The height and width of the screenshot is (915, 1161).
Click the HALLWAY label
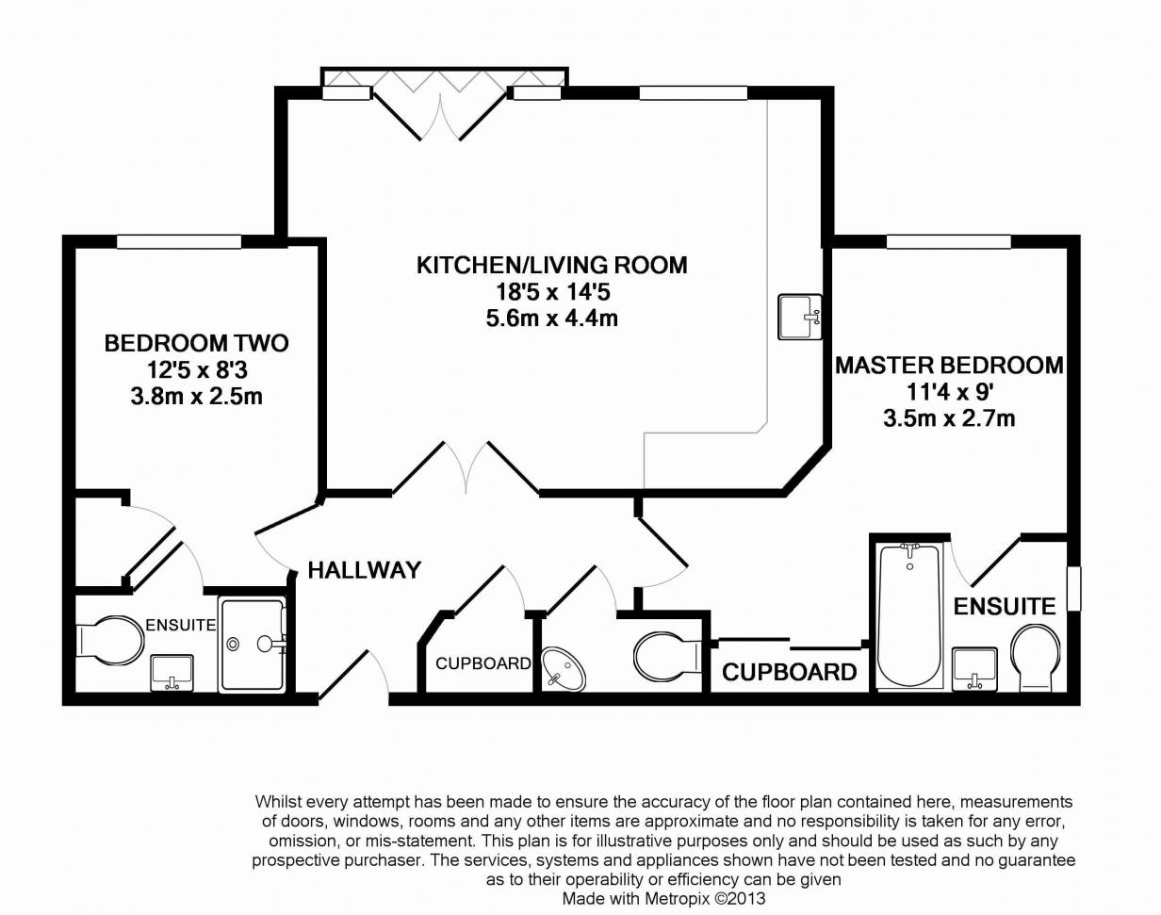click(364, 570)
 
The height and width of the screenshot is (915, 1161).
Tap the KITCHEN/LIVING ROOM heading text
click(552, 266)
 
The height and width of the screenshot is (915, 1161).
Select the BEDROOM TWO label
click(196, 344)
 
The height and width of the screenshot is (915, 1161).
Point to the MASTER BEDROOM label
click(949, 366)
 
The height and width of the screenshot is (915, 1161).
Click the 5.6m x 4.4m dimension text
click(552, 319)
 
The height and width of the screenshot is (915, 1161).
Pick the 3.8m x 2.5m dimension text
click(196, 397)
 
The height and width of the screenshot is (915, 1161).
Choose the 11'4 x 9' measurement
click(949, 392)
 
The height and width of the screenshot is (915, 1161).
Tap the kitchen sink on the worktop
click(799, 317)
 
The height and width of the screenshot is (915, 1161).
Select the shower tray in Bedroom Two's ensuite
click(253, 645)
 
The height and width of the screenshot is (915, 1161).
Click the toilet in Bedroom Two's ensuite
click(109, 642)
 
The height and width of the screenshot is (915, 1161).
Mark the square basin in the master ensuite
click(974, 669)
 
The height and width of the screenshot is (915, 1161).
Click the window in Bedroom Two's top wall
click(179, 241)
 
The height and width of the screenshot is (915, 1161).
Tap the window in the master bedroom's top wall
click(948, 241)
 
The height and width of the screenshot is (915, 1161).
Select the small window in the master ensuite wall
click(1074, 589)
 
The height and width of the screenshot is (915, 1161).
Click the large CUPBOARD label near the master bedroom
click(790, 672)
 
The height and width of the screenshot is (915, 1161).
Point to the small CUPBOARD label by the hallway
click(483, 663)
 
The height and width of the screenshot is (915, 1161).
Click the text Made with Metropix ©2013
click(663, 899)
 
